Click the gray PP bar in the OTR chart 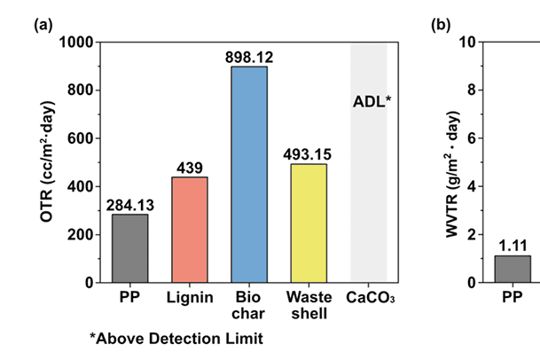click(130, 248)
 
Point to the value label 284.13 click(130, 206)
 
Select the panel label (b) click(441, 24)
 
